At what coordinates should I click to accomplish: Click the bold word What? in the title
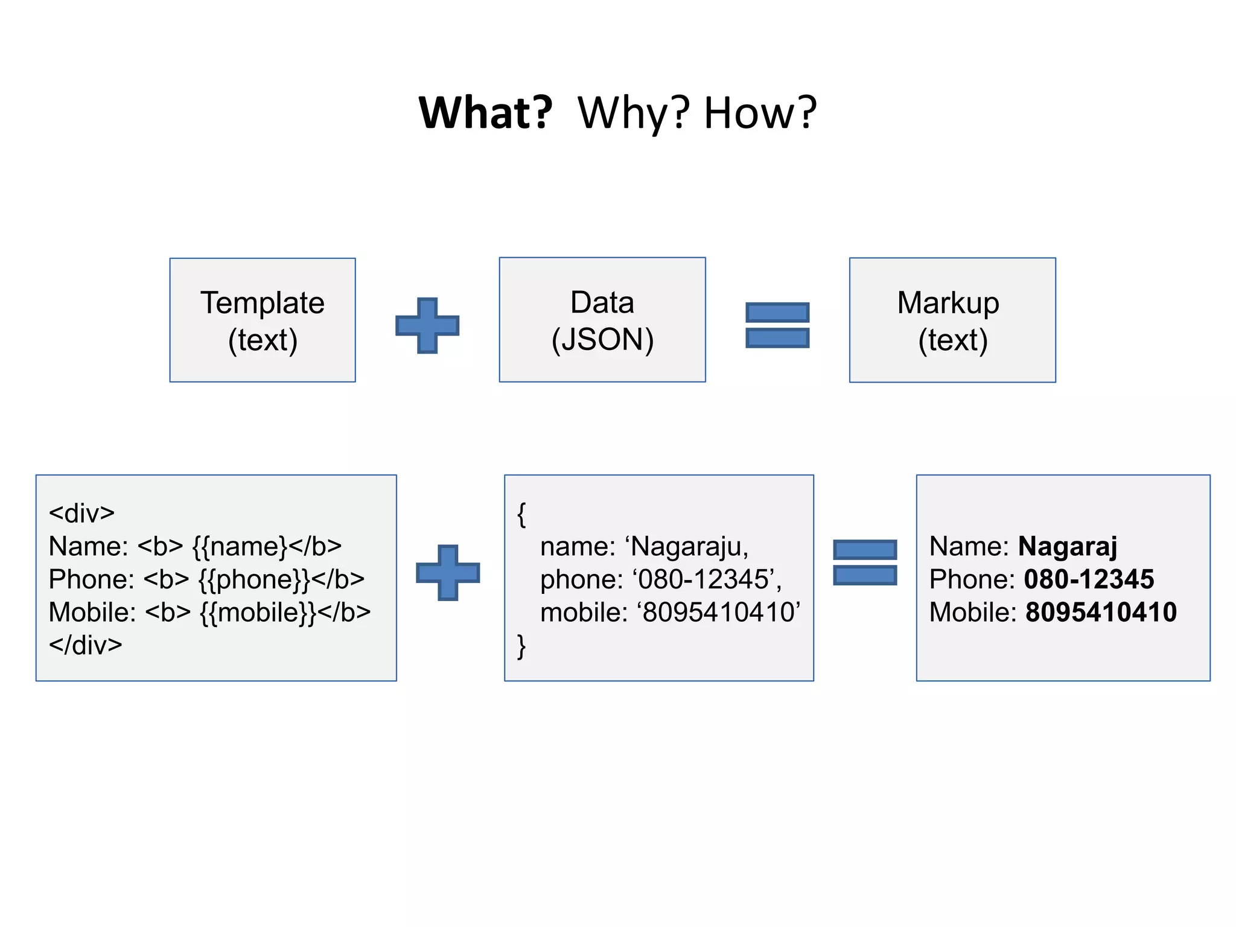pyautogui.click(x=486, y=113)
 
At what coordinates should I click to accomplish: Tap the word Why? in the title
pyautogui.click(x=633, y=113)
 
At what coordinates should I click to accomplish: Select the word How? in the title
pyautogui.click(x=760, y=113)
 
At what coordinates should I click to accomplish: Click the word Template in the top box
pyautogui.click(x=263, y=302)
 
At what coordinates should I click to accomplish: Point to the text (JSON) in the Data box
pyautogui.click(x=602, y=340)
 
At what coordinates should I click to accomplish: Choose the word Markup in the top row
pyautogui.click(x=948, y=302)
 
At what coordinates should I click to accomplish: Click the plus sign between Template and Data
pyautogui.click(x=427, y=325)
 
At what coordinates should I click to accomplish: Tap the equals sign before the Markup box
pyautogui.click(x=777, y=325)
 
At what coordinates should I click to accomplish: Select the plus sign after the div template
pyautogui.click(x=448, y=572)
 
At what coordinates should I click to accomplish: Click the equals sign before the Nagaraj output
pyautogui.click(x=865, y=562)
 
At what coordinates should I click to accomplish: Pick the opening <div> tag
pyautogui.click(x=81, y=514)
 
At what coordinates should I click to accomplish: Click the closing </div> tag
pyautogui.click(x=85, y=645)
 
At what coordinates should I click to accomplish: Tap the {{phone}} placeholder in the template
pyautogui.click(x=254, y=579)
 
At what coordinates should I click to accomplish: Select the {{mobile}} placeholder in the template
pyautogui.click(x=258, y=613)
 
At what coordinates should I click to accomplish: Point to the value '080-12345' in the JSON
pyautogui.click(x=703, y=579)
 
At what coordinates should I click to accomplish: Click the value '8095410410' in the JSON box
pyautogui.click(x=719, y=613)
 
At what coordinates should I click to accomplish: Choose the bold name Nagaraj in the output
pyautogui.click(x=1068, y=547)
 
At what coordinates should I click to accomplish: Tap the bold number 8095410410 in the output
pyautogui.click(x=1101, y=613)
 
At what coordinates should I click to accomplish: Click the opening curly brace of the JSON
pyautogui.click(x=521, y=514)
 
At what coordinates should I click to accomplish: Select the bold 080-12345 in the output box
pyautogui.click(x=1089, y=579)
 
